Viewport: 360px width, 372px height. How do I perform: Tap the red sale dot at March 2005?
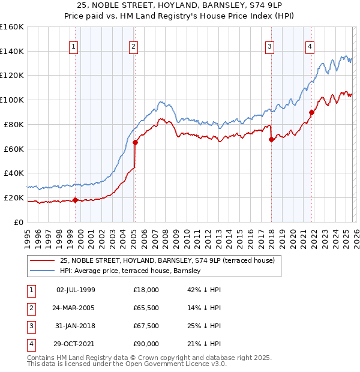click(135, 142)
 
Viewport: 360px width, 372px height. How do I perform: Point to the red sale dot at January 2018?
click(271, 140)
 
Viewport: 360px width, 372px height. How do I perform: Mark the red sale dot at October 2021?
click(311, 112)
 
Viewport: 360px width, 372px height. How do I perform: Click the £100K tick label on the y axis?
click(12, 100)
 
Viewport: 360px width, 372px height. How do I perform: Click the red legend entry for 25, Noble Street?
click(167, 260)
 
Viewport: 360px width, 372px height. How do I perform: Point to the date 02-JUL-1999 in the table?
click(76, 290)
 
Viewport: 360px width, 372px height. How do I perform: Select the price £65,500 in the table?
click(146, 308)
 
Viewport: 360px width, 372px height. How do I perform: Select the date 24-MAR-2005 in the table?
click(76, 308)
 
